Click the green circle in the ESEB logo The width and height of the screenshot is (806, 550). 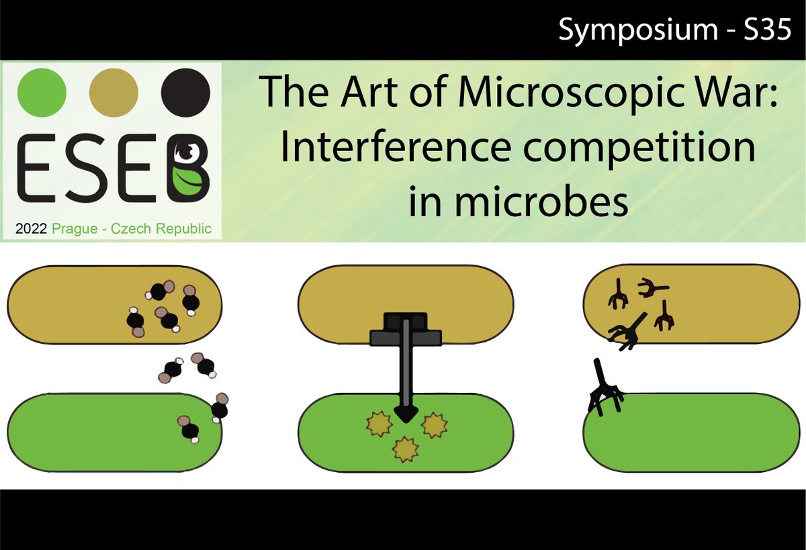(x=42, y=91)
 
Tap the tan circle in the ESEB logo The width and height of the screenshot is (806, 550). (x=114, y=91)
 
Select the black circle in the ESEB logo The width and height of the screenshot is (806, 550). (x=186, y=91)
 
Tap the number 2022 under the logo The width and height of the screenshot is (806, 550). (x=31, y=228)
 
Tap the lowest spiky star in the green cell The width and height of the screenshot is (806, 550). (x=406, y=450)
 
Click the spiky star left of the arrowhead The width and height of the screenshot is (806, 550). (x=378, y=423)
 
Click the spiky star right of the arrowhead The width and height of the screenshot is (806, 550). (x=434, y=424)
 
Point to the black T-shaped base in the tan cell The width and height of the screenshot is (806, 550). (x=406, y=330)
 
